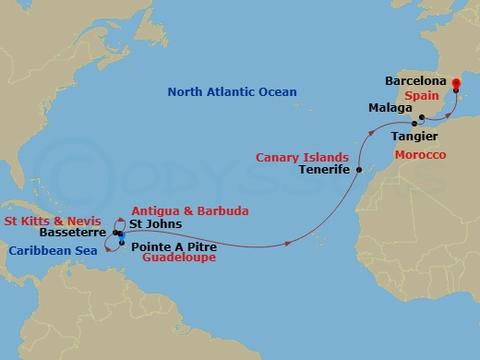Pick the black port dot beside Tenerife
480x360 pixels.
point(355,169)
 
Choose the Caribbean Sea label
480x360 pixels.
point(52,249)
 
